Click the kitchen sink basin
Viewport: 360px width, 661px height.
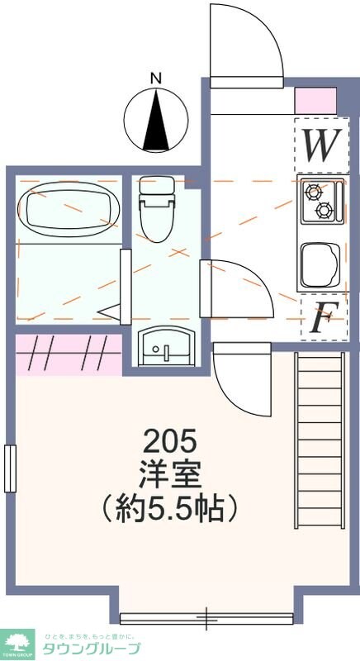318,262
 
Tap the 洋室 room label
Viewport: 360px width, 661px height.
169,473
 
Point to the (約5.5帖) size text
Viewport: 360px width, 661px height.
169,506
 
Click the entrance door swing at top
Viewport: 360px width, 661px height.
239,41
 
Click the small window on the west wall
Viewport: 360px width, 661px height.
10,468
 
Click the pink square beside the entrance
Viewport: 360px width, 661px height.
315,100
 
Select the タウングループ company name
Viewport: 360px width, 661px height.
92,648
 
